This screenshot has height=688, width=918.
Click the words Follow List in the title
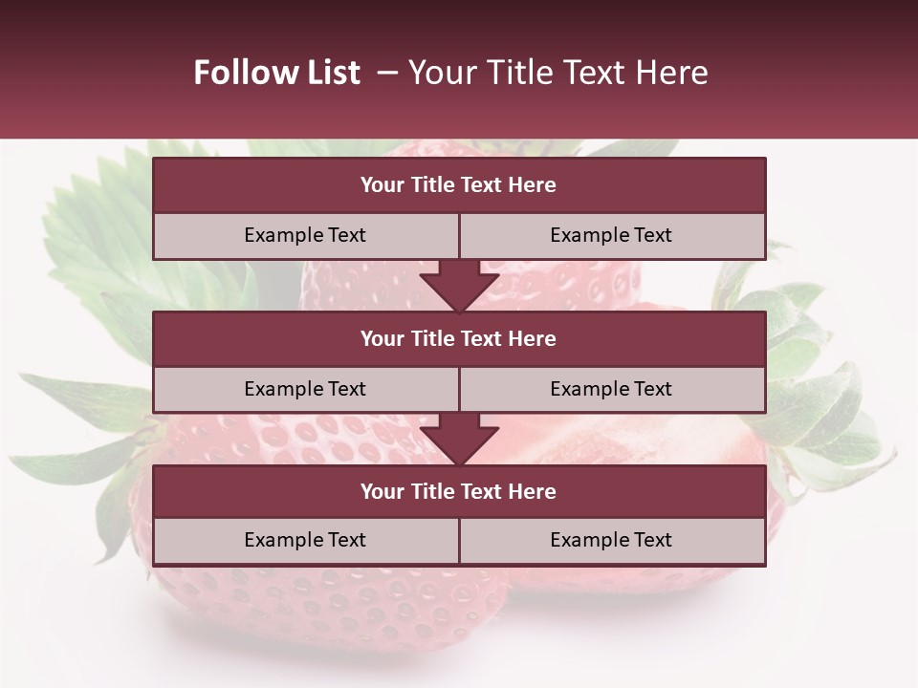pyautogui.click(x=276, y=73)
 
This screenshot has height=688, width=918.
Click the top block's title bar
pyautogui.click(x=459, y=185)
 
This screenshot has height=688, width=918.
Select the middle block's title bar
pyautogui.click(x=459, y=338)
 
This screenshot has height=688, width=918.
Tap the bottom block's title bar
pyautogui.click(x=459, y=491)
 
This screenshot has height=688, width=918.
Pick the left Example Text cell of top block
pyautogui.click(x=305, y=235)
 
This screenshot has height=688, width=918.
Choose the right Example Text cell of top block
pyautogui.click(x=611, y=235)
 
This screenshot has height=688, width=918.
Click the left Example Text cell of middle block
pyautogui.click(x=305, y=389)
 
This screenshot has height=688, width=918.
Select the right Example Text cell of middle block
pyautogui.click(x=611, y=389)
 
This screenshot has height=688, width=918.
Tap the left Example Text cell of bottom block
pyautogui.click(x=305, y=540)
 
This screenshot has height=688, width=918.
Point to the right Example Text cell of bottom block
pyautogui.click(x=611, y=540)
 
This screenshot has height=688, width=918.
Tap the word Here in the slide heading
pyautogui.click(x=675, y=73)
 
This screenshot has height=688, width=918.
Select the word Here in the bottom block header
pyautogui.click(x=532, y=491)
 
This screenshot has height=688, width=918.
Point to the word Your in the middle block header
pyautogui.click(x=382, y=338)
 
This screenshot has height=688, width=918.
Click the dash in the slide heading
pyautogui.click(x=387, y=73)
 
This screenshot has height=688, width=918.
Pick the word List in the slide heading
pyautogui.click(x=330, y=73)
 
